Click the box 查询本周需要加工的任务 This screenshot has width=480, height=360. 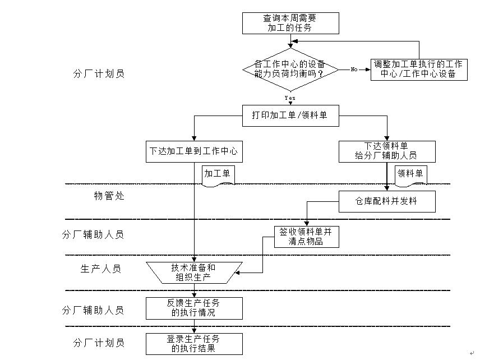[x=290, y=22]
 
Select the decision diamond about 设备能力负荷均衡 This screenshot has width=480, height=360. [x=290, y=69]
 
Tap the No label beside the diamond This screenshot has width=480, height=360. [x=354, y=70]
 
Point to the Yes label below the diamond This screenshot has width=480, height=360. [x=290, y=98]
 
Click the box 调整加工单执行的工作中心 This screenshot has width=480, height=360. [x=418, y=69]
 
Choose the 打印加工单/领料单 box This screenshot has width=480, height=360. [x=290, y=116]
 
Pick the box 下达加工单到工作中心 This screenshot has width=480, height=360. [x=193, y=151]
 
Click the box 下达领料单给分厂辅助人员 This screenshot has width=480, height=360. [x=386, y=151]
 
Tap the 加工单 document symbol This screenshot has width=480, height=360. [x=218, y=174]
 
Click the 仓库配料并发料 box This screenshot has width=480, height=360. [x=386, y=201]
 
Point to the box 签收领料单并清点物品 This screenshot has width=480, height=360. [x=307, y=237]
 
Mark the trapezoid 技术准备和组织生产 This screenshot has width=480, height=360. [x=193, y=272]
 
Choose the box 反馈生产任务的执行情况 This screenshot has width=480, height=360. [x=193, y=308]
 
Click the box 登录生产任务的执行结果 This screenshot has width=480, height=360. [x=193, y=343]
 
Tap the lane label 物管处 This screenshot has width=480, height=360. [x=109, y=196]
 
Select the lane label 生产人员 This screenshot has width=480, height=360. [x=101, y=269]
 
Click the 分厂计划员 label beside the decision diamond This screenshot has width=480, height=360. [x=99, y=73]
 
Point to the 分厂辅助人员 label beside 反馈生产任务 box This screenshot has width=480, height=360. [x=93, y=310]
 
